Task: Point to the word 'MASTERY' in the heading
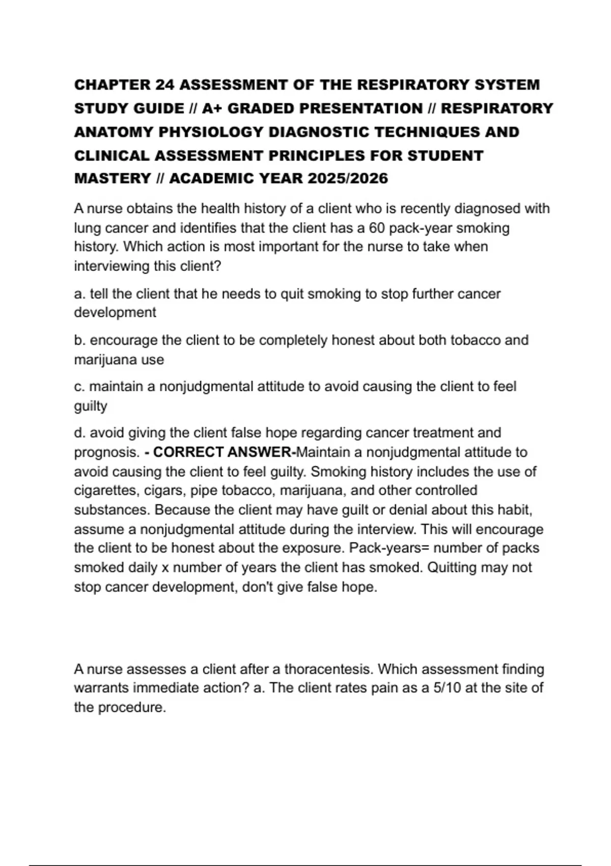113,178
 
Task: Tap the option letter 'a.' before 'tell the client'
79,294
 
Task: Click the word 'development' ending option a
115,312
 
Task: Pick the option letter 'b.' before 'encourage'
79,340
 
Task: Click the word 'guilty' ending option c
91,406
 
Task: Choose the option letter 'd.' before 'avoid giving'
79,432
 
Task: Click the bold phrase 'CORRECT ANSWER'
221,452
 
